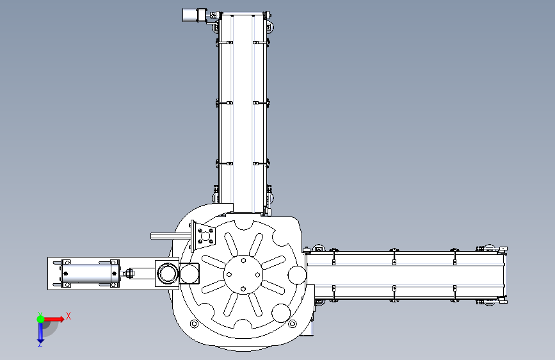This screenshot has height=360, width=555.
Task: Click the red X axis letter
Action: pos(68,316)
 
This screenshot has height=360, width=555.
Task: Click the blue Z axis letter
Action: pos(40,344)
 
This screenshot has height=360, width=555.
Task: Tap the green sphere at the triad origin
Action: pos(40,319)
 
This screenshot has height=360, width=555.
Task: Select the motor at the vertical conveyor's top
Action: pos(193,15)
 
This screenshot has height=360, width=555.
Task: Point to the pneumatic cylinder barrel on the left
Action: pos(89,273)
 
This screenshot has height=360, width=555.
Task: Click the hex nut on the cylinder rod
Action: pos(129,273)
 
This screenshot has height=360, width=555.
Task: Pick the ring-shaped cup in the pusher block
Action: pos(167,274)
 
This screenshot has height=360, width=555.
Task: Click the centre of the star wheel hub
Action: pos(243,274)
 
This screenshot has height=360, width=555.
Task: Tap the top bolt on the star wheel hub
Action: pos(243,261)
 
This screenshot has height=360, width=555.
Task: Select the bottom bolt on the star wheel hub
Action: pos(243,289)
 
